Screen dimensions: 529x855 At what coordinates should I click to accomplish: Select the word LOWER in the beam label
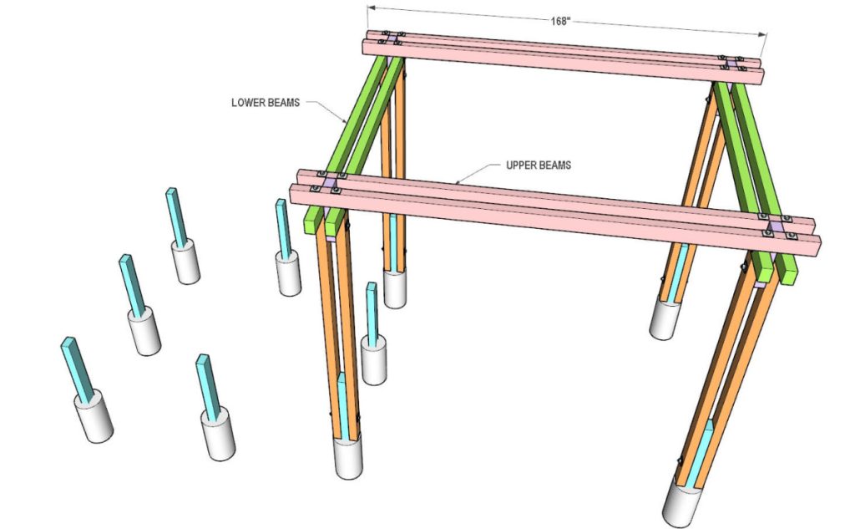point(247,104)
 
